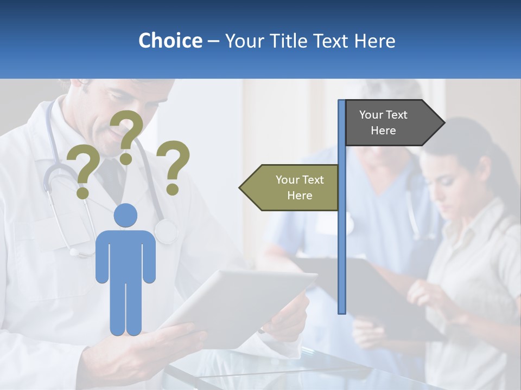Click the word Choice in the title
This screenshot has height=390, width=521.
click(x=170, y=41)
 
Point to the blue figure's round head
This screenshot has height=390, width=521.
click(x=125, y=215)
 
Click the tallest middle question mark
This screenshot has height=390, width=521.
click(x=127, y=135)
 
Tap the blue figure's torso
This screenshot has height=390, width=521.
click(x=125, y=255)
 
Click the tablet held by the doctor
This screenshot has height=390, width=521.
click(x=239, y=303)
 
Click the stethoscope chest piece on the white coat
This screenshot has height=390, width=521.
click(x=166, y=232)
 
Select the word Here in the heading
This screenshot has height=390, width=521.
click(x=374, y=41)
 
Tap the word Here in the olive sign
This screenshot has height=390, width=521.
click(x=300, y=196)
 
